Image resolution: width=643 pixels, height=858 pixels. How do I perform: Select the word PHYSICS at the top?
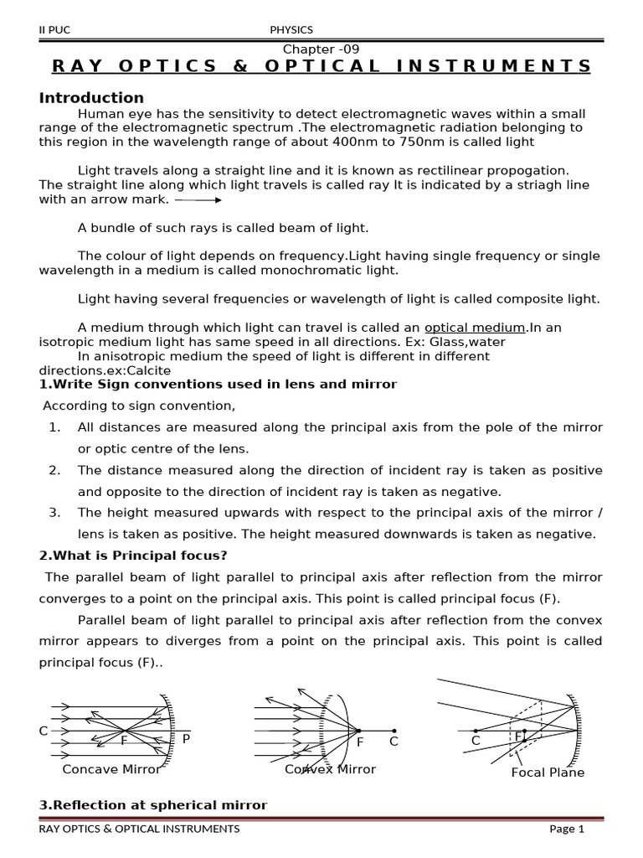click(x=291, y=31)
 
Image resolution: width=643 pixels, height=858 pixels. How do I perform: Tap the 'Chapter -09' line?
click(x=321, y=49)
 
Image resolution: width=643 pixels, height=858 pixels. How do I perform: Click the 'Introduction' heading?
click(x=91, y=97)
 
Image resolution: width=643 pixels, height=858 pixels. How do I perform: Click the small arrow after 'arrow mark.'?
click(x=198, y=199)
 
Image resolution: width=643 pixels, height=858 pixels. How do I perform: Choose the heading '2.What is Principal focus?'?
click(x=133, y=556)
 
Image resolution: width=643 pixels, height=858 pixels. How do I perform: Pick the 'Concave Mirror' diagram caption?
click(x=111, y=769)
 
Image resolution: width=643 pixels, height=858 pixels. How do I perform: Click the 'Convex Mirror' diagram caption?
click(x=330, y=769)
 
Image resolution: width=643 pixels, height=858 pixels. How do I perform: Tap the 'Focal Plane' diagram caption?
click(x=548, y=773)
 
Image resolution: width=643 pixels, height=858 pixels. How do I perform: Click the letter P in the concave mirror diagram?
click(x=186, y=738)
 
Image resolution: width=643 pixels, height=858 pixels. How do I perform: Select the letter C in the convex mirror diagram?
click(x=394, y=742)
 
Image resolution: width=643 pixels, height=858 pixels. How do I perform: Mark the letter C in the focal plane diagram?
click(x=476, y=741)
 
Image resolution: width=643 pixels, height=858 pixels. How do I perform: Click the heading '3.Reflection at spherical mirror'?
click(x=153, y=805)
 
